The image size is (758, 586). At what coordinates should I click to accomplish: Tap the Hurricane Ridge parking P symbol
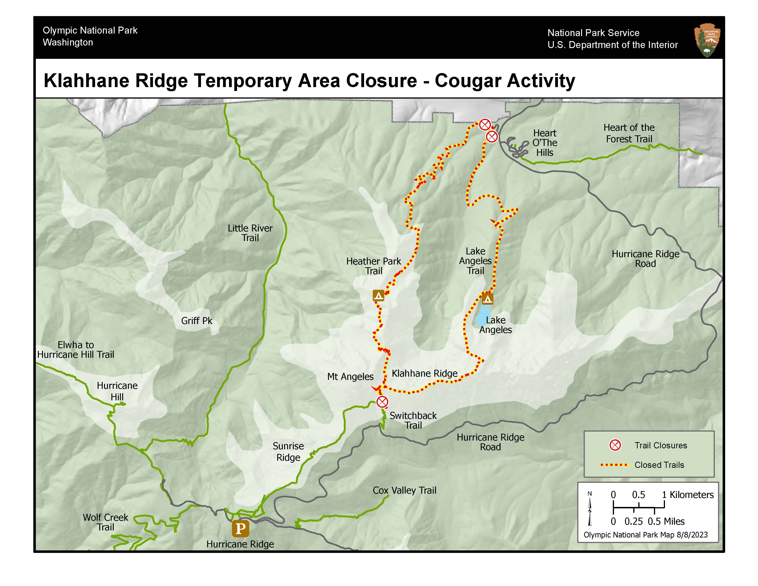pos(240,528)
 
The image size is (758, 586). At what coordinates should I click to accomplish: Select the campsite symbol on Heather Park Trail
pos(378,296)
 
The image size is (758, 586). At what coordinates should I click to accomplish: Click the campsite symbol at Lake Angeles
pos(487,299)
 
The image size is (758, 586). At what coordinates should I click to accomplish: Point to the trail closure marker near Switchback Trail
pos(382,402)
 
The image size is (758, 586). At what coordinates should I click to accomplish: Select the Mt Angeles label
pos(350,377)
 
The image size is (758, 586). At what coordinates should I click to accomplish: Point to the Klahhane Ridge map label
pos(424,373)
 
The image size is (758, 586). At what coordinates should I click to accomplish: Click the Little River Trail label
pos(250,233)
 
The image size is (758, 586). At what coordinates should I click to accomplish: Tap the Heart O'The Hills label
pos(545,143)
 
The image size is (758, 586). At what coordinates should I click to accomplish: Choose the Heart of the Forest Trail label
pos(629,133)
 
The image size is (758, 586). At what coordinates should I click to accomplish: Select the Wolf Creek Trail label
pos(105,522)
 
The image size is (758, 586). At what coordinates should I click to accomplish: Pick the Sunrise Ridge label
pos(288,451)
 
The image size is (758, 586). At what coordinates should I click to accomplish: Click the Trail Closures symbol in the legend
pos(615,445)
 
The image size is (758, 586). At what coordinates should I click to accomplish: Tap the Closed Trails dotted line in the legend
pos(615,464)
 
